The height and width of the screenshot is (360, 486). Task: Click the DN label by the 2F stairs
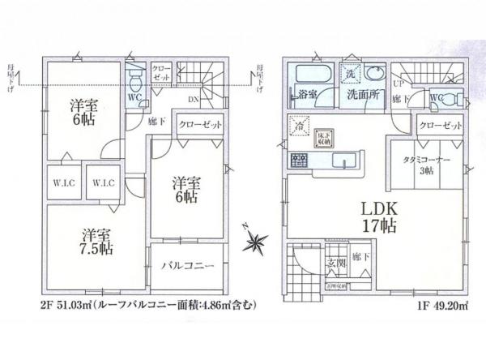tap(195, 100)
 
